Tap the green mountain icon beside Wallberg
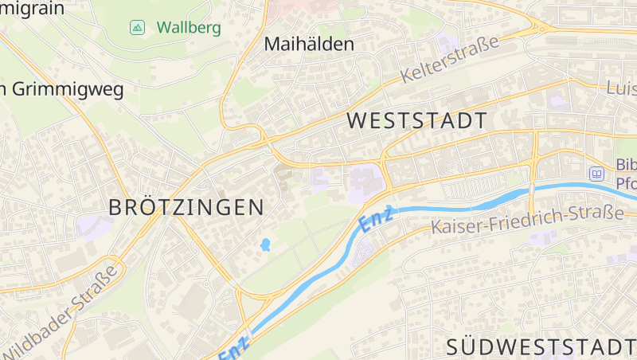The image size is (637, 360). click(137, 28)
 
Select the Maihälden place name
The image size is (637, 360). click(308, 44)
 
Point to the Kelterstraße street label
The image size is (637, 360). click(450, 60)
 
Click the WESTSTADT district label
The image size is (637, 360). click(418, 121)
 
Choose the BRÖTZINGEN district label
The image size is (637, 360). click(186, 208)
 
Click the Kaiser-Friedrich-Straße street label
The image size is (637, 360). click(526, 220)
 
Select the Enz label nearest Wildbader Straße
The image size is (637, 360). click(236, 346)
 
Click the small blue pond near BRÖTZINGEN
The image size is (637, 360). click(265, 245)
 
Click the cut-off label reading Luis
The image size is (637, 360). click(621, 88)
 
